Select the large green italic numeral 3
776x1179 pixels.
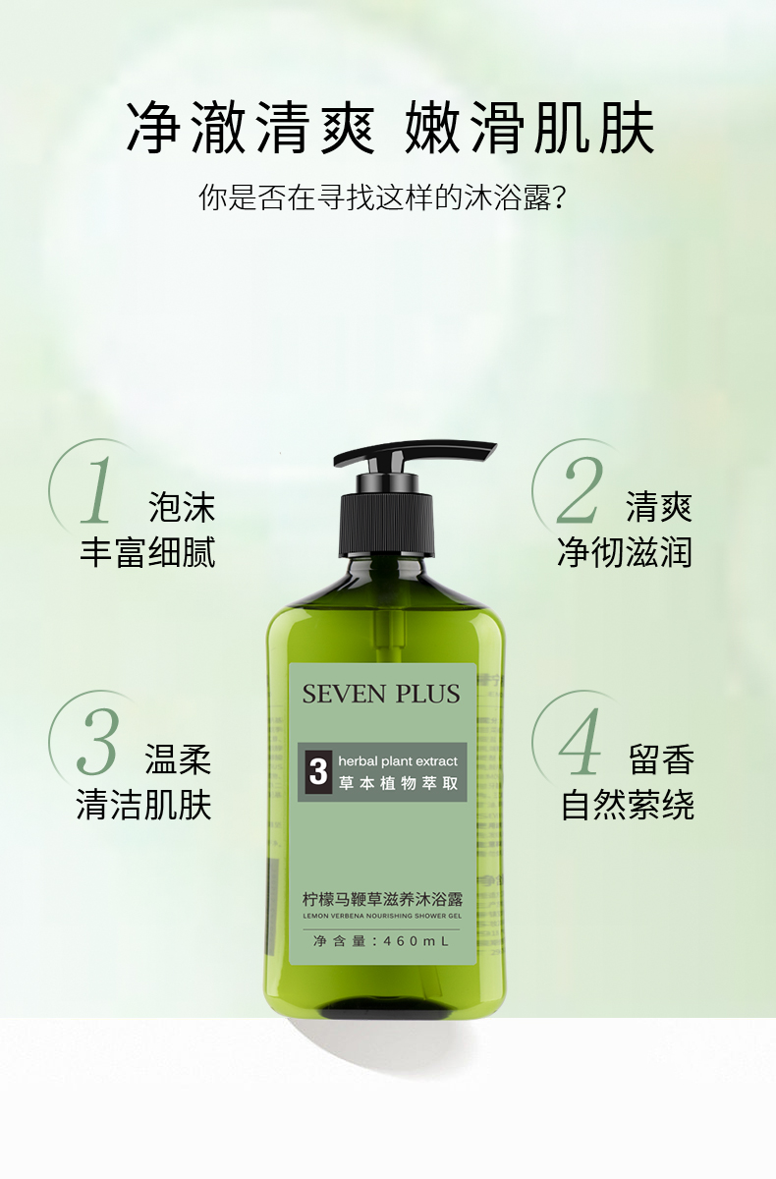pyautogui.click(x=97, y=741)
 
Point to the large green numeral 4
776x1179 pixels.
pyautogui.click(x=580, y=741)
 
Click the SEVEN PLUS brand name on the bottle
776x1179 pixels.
pyautogui.click(x=381, y=694)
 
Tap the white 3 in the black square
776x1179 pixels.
pyautogui.click(x=318, y=772)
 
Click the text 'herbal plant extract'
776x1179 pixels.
pyautogui.click(x=398, y=761)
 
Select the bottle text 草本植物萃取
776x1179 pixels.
pyautogui.click(x=398, y=784)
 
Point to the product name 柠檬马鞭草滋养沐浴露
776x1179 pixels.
pyautogui.click(x=382, y=900)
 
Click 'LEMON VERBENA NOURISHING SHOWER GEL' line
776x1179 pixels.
pyautogui.click(x=382, y=916)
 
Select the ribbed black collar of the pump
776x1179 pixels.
pyautogui.click(x=387, y=525)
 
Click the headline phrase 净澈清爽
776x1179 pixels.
pyautogui.click(x=250, y=128)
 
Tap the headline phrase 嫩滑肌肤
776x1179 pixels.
pyautogui.click(x=529, y=128)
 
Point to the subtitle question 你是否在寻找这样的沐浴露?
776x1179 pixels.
pyautogui.click(x=382, y=197)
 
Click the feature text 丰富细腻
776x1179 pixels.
pyautogui.click(x=148, y=553)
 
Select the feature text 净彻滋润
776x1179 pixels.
pyautogui.click(x=625, y=553)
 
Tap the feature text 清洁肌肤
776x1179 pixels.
pyautogui.click(x=144, y=805)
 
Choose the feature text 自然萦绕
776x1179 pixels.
pyautogui.click(x=628, y=805)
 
